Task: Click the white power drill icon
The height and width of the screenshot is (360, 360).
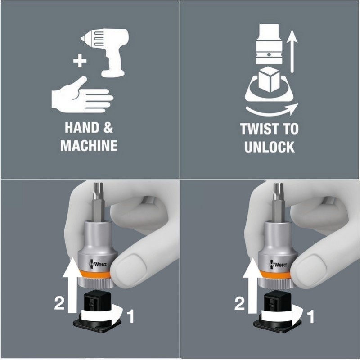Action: coord(108,50)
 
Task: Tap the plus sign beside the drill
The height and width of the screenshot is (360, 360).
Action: coord(80,61)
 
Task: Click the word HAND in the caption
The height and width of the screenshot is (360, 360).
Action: coord(80,127)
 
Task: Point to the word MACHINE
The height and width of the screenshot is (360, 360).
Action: coord(89,145)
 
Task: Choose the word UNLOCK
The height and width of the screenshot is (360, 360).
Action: coord(270,147)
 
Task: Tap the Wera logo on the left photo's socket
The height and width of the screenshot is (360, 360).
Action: coord(98,264)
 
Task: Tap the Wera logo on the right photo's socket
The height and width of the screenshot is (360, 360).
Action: coord(278,264)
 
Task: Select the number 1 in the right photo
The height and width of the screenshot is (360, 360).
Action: coord(310,316)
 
